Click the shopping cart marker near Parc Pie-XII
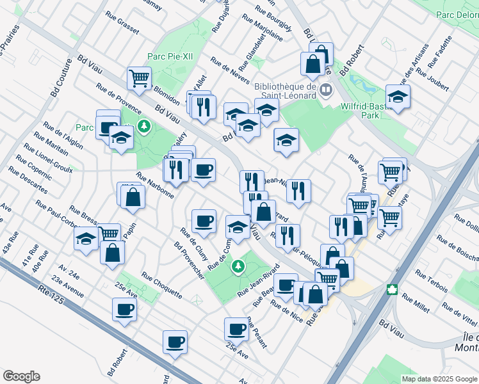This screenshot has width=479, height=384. coord(139,78)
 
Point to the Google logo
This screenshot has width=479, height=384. coord(21,376)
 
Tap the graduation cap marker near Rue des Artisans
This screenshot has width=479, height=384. coord(398,97)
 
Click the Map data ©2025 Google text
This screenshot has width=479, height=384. coord(439,379)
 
